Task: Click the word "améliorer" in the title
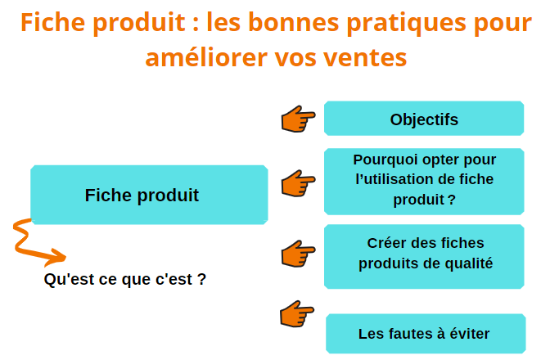tap(206, 57)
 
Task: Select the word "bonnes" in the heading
tap(294, 22)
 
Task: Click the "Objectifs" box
tap(424, 119)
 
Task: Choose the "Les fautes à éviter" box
tap(426, 334)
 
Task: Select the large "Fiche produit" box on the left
tap(149, 195)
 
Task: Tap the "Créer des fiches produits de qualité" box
tap(424, 257)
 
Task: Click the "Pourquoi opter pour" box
tap(424, 182)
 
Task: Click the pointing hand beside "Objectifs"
tap(297, 119)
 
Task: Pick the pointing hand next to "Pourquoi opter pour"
tap(297, 183)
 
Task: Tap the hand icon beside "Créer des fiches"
tap(297, 254)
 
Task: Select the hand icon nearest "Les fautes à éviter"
tap(296, 314)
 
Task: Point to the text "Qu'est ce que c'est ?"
tap(125, 279)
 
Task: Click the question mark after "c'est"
tap(202, 279)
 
